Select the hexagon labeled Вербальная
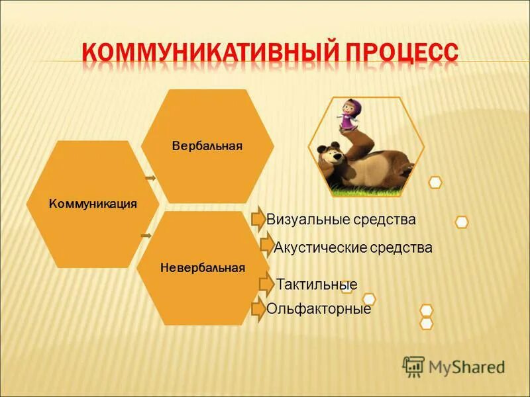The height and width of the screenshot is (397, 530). [207, 146]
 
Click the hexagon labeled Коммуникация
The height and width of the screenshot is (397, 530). [93, 204]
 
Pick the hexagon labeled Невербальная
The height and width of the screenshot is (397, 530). [203, 268]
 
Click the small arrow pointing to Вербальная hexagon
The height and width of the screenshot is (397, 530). [150, 178]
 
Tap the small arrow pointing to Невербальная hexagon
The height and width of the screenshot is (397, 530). [146, 235]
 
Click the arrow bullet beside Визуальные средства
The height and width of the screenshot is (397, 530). [258, 220]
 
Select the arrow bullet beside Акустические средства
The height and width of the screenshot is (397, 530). [266, 247]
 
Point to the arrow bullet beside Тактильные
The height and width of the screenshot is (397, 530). [266, 284]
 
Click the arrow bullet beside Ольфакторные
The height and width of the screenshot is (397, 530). [258, 309]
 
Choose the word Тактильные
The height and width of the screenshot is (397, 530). [317, 285]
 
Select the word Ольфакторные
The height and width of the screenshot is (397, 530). [319, 309]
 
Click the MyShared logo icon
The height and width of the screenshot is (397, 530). [413, 366]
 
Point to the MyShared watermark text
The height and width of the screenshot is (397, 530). [466, 367]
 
